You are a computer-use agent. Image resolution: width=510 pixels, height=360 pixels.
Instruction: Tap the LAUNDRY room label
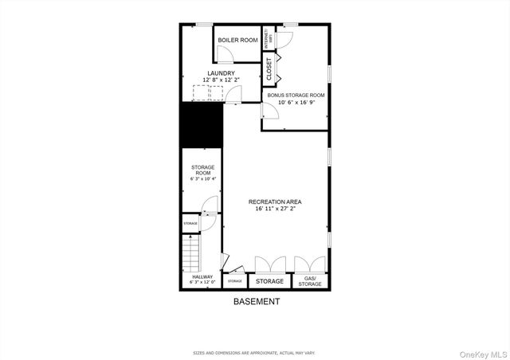tap(221, 73)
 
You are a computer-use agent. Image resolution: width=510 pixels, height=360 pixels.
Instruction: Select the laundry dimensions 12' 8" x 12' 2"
tap(221, 80)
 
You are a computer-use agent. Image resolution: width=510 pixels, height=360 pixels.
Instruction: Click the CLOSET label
tap(269, 68)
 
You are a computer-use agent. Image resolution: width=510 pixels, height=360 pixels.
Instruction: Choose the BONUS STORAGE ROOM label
tap(296, 95)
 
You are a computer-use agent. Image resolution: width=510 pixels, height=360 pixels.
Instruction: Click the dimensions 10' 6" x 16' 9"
tap(296, 102)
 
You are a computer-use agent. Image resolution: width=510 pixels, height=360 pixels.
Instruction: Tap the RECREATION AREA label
tap(275, 202)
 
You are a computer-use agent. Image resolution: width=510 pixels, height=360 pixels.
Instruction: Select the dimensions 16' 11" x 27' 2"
tap(275, 209)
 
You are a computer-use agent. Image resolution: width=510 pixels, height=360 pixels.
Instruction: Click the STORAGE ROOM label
tap(202, 170)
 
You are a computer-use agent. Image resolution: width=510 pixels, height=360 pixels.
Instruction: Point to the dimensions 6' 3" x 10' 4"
tap(202, 179)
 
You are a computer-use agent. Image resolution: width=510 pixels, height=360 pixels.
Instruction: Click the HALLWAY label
tap(202, 277)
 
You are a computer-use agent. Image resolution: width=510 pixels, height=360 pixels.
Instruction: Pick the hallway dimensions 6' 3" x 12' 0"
tap(202, 283)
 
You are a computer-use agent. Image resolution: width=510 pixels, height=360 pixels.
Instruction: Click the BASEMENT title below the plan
tap(256, 302)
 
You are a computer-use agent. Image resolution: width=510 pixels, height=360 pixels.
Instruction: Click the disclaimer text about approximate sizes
tap(255, 351)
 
